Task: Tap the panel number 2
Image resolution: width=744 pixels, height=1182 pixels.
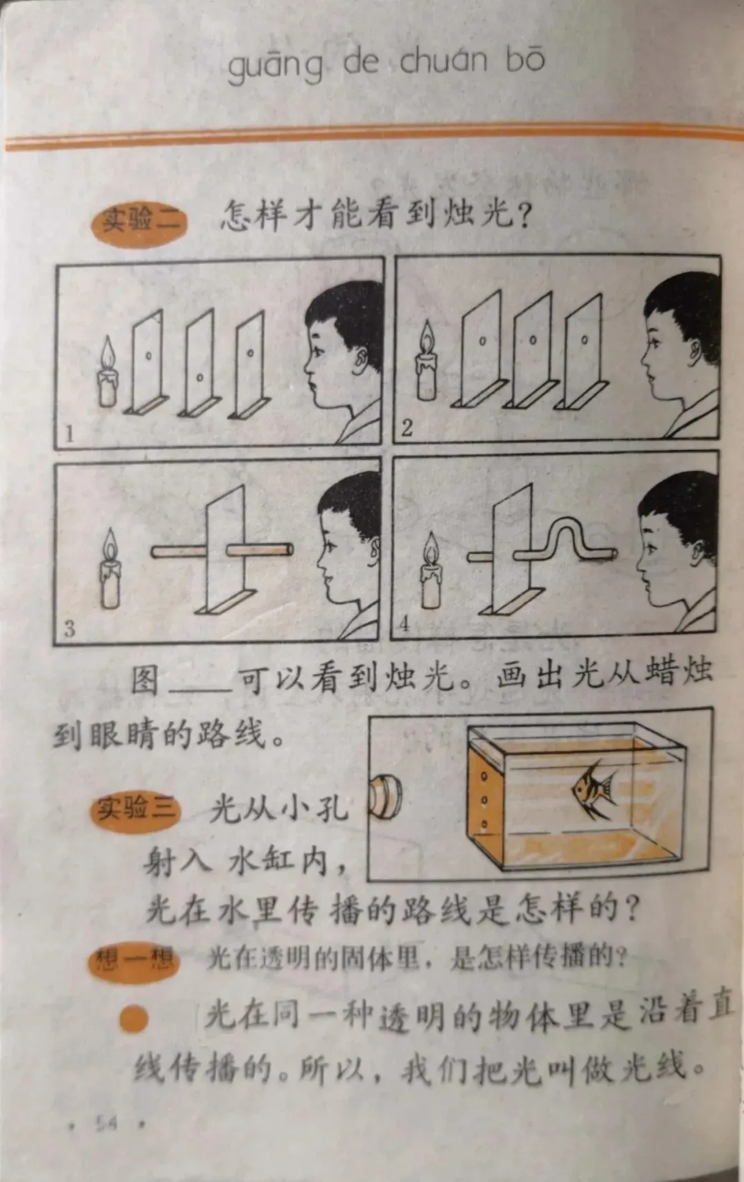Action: pos(406,428)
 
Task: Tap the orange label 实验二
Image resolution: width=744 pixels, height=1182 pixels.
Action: pos(140,222)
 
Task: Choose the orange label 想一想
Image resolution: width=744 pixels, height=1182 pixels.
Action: pos(134,960)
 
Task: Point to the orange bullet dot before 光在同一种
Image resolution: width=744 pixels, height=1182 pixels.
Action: pos(134,1019)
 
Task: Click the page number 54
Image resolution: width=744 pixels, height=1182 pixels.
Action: pos(107,1123)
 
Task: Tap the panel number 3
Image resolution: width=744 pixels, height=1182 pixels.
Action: pos(70,628)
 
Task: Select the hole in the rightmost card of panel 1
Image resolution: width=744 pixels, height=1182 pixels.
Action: pos(251,353)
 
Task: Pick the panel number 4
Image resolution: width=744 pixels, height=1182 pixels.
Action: pos(404,624)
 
